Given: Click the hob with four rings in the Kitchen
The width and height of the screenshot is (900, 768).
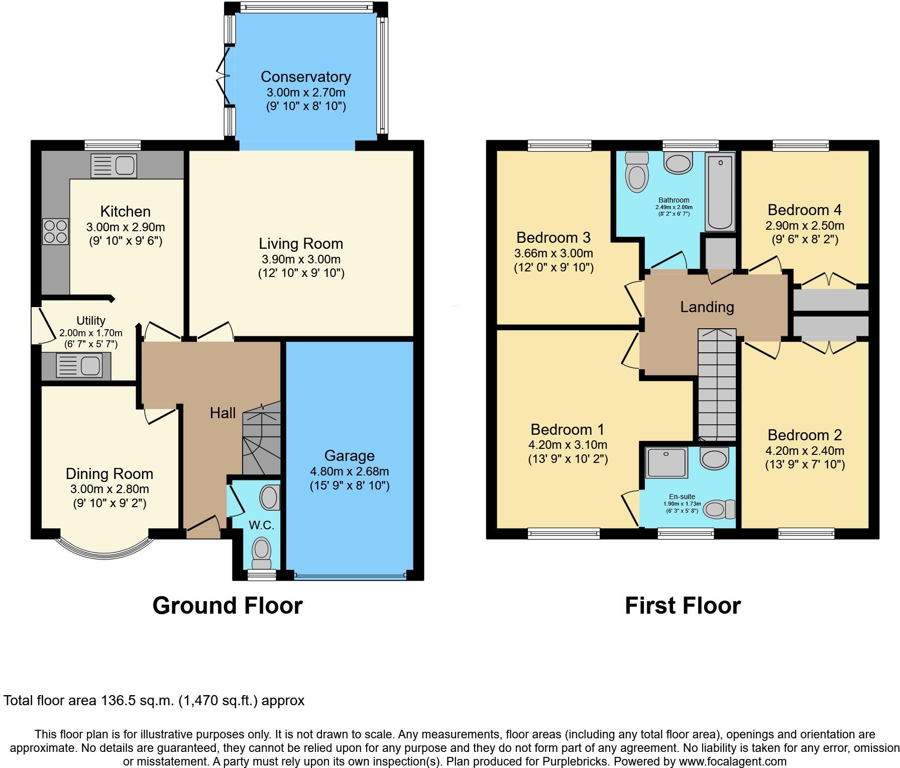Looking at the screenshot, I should click(x=55, y=231).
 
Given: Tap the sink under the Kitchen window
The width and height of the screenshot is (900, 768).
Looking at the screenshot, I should click(x=114, y=165).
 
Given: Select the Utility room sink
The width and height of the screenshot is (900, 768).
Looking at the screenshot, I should click(x=79, y=365).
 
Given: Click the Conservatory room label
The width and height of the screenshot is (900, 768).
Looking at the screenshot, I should click(x=305, y=77).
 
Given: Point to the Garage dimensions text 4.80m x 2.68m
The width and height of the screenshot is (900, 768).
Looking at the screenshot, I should click(x=350, y=471).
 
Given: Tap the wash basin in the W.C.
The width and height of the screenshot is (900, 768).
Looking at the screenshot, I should click(x=270, y=498).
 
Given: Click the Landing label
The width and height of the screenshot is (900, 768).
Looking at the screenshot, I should click(x=707, y=307).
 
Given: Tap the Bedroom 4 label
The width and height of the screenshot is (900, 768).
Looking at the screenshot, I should click(x=805, y=210).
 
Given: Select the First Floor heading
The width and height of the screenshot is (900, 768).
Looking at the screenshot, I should click(x=683, y=606).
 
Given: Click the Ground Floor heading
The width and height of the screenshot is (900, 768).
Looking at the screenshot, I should click(x=228, y=606).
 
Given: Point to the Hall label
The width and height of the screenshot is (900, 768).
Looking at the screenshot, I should click(x=222, y=413).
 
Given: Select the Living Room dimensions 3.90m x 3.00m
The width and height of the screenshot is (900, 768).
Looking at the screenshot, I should click(x=301, y=259).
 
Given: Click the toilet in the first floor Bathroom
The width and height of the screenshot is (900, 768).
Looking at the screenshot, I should click(x=637, y=173).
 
